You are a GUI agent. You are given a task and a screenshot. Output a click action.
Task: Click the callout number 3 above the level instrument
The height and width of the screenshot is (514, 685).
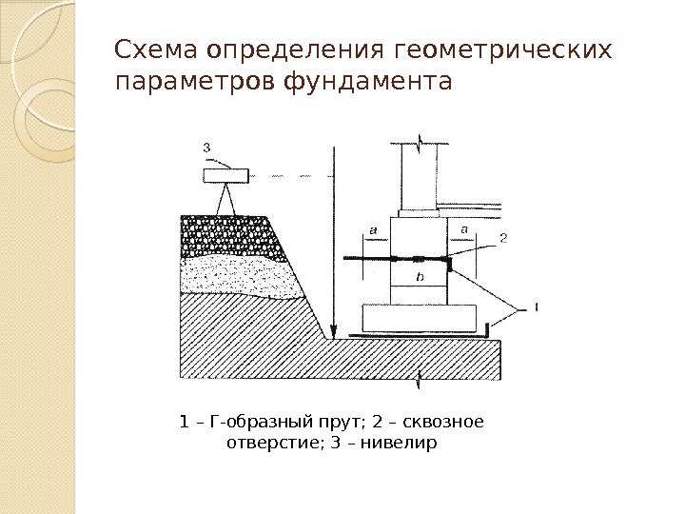pos(207,147)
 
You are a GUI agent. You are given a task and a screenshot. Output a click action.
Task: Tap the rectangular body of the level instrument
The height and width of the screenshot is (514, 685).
pos(225,175)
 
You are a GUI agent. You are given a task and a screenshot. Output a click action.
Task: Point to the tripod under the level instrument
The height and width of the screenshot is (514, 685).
pos(226,199)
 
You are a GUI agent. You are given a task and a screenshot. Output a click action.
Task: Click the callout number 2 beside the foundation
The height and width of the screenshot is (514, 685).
pos(502,238)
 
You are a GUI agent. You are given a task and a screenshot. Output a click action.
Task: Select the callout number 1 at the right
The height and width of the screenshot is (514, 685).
pos(537,306)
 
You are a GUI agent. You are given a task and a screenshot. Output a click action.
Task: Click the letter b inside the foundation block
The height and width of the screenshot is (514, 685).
pos(420,276)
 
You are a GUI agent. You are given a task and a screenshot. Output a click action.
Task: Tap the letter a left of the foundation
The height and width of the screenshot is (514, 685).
pos(372,230)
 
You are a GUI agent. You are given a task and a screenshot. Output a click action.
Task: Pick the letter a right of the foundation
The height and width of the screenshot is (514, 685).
pos(464,229)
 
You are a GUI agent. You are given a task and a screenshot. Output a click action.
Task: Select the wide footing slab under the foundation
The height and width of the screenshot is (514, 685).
pos(418,317)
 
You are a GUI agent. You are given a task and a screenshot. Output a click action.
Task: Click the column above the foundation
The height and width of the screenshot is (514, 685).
pos(421,176)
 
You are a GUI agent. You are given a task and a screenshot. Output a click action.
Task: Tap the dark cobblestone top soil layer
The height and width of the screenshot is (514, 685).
pos(228,233)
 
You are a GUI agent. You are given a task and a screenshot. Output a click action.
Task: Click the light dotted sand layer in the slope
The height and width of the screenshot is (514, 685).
pos(238,273)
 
